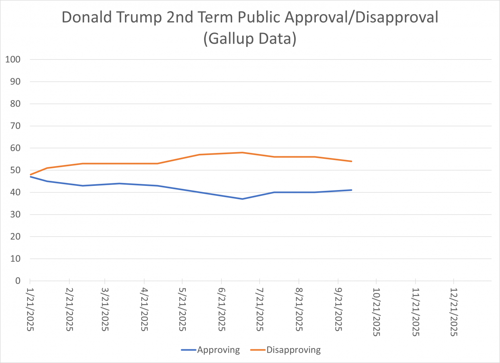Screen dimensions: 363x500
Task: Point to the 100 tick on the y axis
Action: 14,60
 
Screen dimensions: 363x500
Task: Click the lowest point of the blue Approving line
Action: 242,199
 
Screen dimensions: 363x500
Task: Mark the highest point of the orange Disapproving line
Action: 242,153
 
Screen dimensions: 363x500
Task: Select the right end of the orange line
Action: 352,161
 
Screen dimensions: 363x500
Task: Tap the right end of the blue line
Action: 352,190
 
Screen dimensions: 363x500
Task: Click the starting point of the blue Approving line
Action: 30,177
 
